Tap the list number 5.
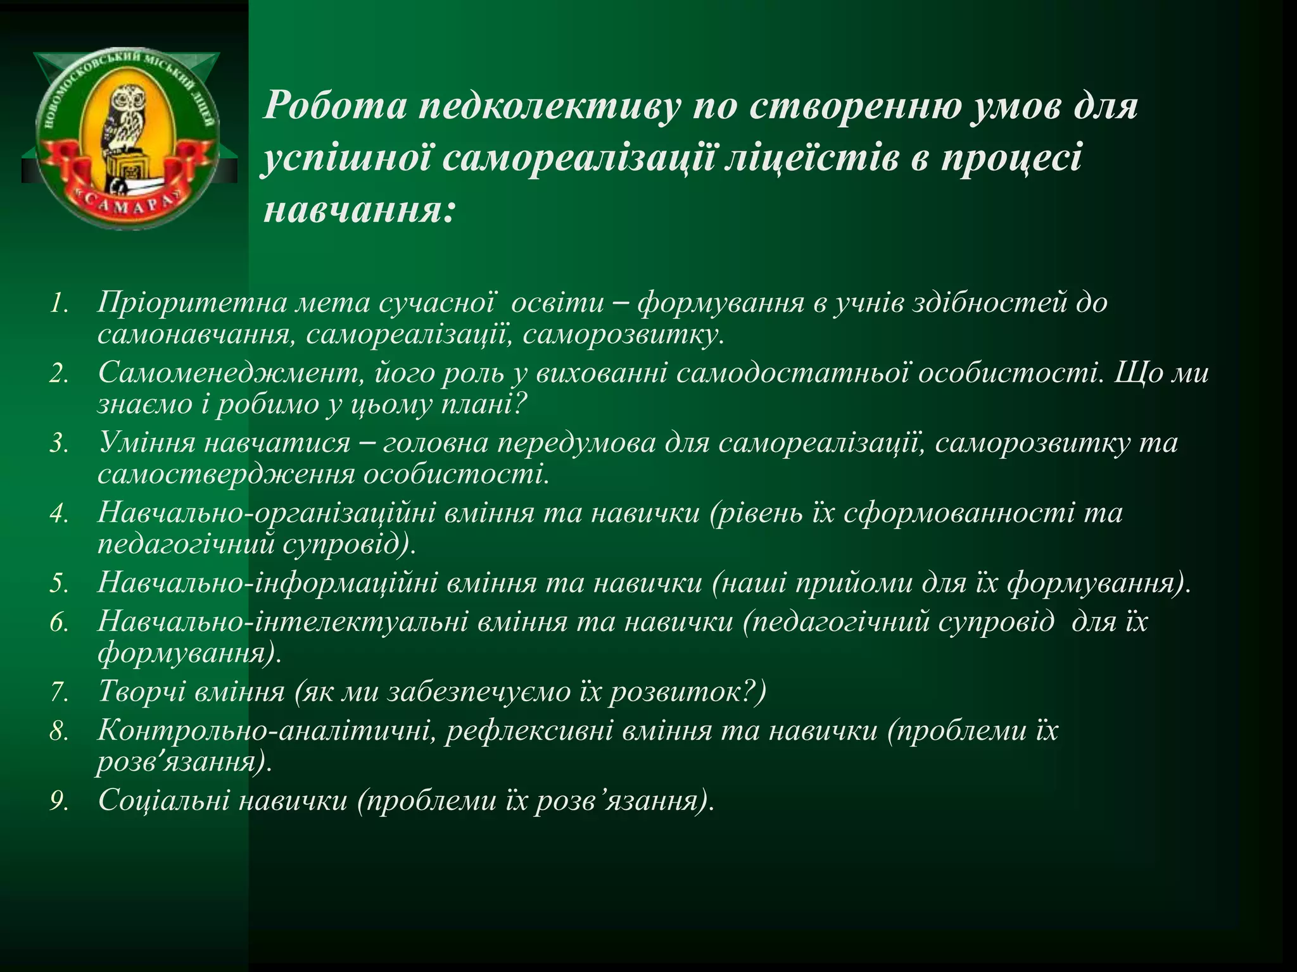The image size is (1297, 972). click(x=58, y=583)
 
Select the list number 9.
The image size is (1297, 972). click(x=58, y=802)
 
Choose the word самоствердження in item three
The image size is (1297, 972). click(x=225, y=473)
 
